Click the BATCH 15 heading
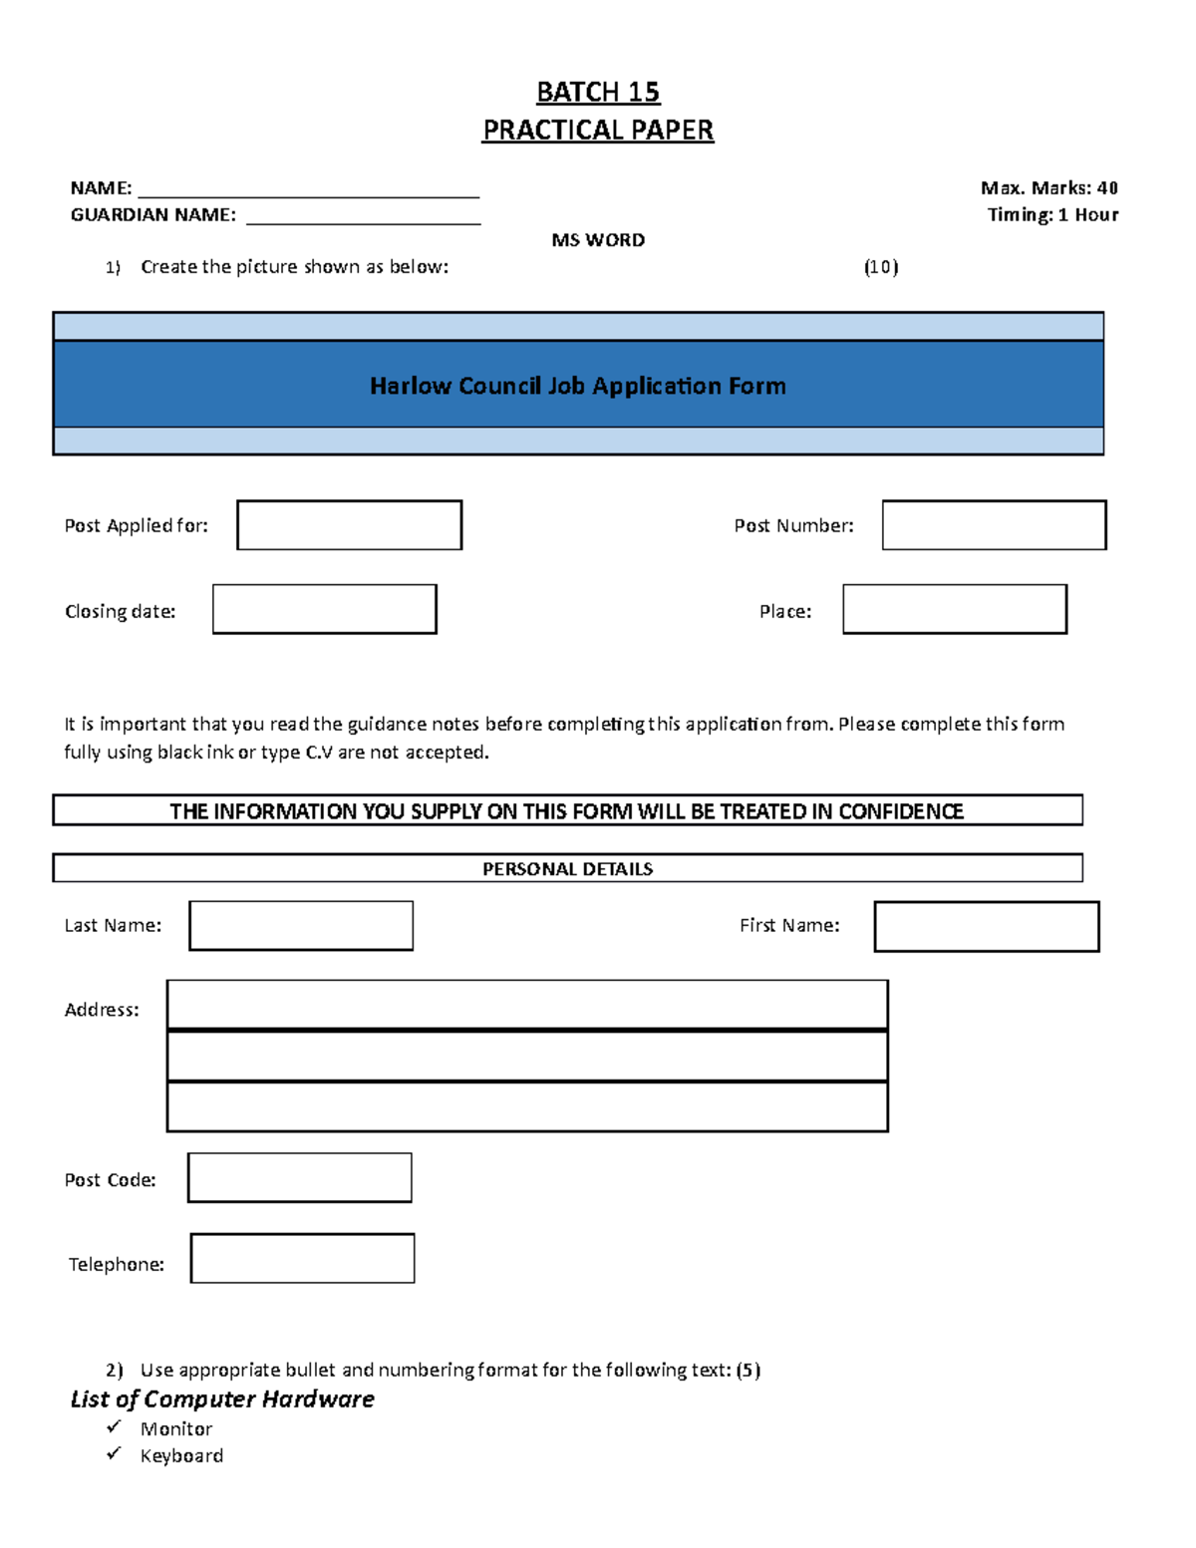(x=598, y=92)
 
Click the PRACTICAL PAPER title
(x=598, y=131)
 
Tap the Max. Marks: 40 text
(x=1048, y=187)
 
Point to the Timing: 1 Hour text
(x=1052, y=214)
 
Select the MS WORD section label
(x=598, y=240)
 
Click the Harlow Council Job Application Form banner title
(x=578, y=386)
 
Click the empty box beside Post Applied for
(x=350, y=525)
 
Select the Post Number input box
(x=994, y=525)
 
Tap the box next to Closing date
(x=325, y=609)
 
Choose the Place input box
(x=955, y=609)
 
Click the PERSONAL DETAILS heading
(x=567, y=868)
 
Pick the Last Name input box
(x=301, y=926)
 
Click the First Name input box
(x=987, y=927)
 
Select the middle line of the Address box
(x=527, y=1057)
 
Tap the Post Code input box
(x=300, y=1178)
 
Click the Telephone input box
(x=302, y=1258)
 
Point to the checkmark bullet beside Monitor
(x=114, y=1427)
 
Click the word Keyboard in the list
(x=181, y=1456)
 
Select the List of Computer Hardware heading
(x=222, y=1399)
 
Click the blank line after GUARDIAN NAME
(x=363, y=216)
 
